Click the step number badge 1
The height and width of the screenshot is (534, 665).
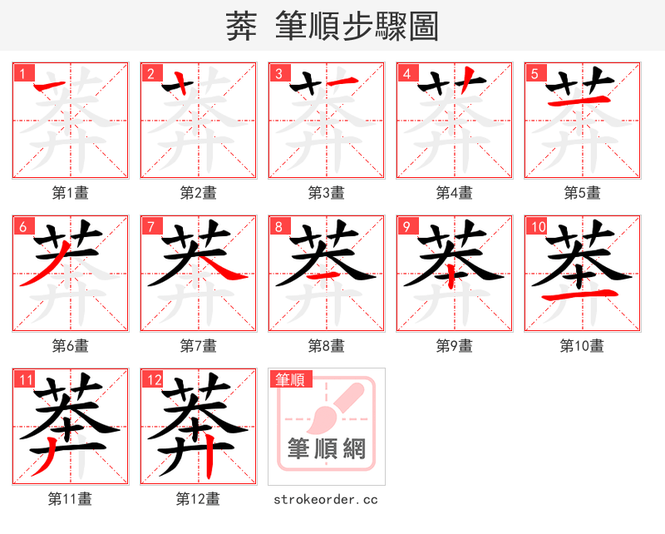coord(23,73)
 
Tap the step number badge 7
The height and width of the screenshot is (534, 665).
coord(151,226)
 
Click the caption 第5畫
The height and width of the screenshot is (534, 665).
coord(582,193)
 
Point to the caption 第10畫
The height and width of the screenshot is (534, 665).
coord(582,346)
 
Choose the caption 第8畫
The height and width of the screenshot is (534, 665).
coord(326,346)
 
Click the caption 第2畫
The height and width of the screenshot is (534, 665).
coord(198,193)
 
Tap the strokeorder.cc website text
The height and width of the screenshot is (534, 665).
coord(326,500)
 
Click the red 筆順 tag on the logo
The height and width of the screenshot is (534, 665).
coord(290,379)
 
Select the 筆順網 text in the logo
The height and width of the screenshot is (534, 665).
coord(327,450)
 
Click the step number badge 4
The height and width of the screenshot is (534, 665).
coord(407,73)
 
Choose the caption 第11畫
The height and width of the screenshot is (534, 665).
coord(70,500)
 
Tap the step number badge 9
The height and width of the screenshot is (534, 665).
coord(407,226)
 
